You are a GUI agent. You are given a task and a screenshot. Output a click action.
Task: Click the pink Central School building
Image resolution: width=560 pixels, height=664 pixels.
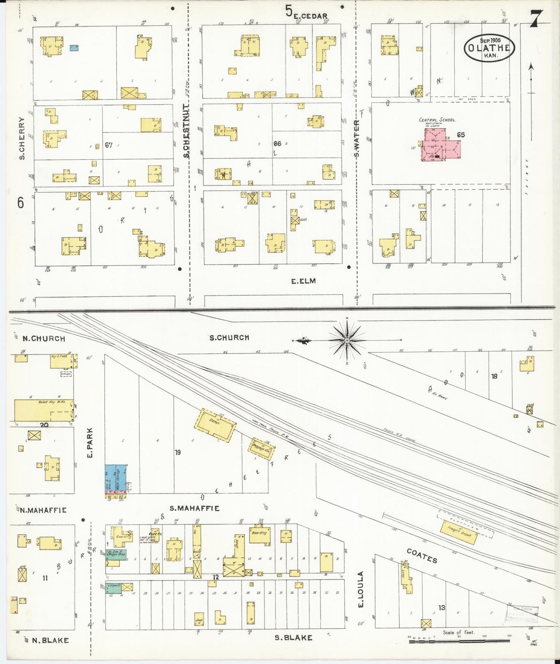click(441, 147)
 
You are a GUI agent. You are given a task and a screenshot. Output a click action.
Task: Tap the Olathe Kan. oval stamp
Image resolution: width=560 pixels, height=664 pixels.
click(489, 48)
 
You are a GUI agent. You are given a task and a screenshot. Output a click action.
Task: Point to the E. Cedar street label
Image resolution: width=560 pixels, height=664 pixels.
click(310, 16)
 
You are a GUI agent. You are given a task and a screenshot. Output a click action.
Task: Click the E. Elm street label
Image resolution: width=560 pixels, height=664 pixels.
click(303, 281)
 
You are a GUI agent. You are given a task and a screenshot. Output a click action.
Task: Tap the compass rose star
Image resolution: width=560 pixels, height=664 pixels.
click(347, 341)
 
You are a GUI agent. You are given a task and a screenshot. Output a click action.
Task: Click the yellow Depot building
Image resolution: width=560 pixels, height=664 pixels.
click(215, 425)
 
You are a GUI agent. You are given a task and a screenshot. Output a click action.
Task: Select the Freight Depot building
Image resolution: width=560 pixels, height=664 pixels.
click(459, 532)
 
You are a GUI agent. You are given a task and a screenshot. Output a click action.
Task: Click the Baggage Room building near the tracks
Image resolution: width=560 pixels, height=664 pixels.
click(262, 449)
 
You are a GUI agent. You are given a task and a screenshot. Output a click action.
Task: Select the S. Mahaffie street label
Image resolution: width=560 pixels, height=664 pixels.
click(195, 508)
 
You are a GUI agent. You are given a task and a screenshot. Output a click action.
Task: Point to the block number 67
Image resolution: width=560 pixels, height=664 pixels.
click(109, 145)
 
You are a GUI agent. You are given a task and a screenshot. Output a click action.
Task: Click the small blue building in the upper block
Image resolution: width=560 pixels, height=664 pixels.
click(74, 48)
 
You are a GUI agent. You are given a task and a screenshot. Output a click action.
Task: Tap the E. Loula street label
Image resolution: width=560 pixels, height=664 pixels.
click(360, 589)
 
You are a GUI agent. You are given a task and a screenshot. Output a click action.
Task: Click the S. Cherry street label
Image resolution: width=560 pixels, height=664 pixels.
click(22, 138)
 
